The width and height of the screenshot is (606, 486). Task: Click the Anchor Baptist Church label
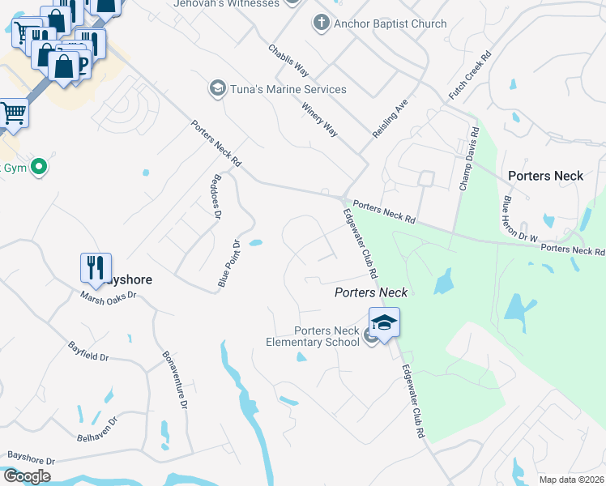[390, 23]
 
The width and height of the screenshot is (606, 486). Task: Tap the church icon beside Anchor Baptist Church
[322, 23]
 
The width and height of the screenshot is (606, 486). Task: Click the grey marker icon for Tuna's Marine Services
[217, 88]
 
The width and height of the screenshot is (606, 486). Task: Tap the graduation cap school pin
[384, 322]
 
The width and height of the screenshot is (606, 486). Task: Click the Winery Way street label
[319, 118]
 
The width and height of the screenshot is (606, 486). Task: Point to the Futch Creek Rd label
[470, 77]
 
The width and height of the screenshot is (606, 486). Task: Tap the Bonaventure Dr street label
[175, 380]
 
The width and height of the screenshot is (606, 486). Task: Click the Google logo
[27, 476]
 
